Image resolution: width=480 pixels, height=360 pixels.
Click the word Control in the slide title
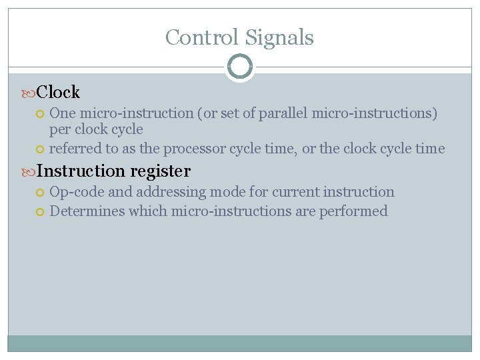tap(202, 37)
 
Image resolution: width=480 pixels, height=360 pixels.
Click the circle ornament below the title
tap(240, 67)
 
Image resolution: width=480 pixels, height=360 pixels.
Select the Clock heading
tap(58, 92)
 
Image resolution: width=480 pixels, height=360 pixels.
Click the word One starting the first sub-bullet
tap(63, 113)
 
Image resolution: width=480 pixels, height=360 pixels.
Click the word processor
tap(195, 149)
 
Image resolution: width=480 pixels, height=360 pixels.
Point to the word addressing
tap(171, 192)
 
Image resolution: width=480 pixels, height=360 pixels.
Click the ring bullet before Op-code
tap(40, 193)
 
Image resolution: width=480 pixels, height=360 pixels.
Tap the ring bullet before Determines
tap(40, 212)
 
